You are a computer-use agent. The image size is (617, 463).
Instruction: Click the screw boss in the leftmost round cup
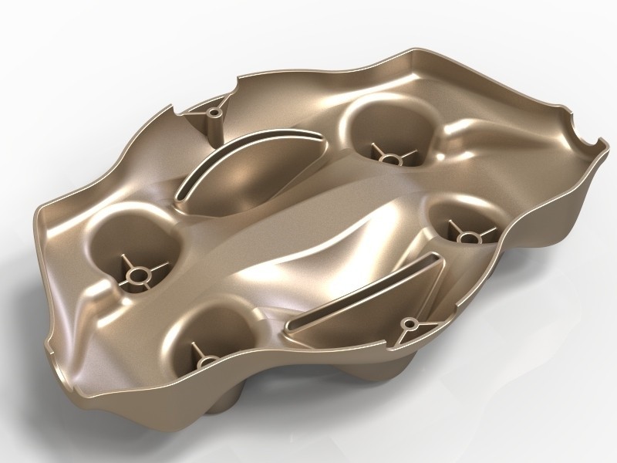(x=138, y=274)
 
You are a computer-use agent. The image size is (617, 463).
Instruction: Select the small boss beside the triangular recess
(x=408, y=323)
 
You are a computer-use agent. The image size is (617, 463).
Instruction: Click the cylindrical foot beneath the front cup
(x=230, y=401)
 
